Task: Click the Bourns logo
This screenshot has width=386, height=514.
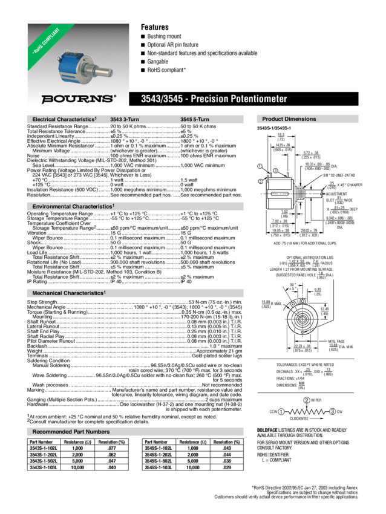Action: tap(77, 99)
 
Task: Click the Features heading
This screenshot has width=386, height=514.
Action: tap(154, 27)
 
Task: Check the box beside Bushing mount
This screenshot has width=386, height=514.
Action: tap(143, 36)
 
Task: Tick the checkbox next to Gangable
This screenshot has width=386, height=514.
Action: tap(143, 62)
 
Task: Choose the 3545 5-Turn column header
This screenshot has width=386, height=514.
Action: tap(194, 119)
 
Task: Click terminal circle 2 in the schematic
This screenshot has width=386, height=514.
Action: tap(307, 400)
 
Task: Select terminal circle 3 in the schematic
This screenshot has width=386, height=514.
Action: tap(333, 412)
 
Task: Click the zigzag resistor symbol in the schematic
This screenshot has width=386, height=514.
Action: tap(307, 412)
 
